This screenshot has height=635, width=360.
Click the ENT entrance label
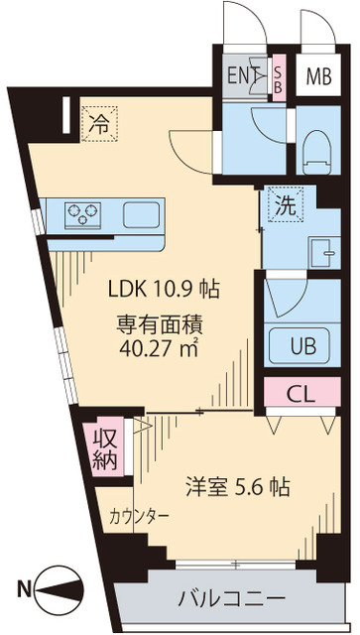242,76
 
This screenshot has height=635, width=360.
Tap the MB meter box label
317,76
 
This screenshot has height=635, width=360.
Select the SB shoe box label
279,76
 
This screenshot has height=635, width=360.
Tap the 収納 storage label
106,449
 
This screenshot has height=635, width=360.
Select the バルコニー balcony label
231,599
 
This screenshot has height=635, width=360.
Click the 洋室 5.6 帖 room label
236,488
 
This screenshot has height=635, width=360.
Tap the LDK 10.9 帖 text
164,291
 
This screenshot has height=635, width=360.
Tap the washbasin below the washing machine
321,249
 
